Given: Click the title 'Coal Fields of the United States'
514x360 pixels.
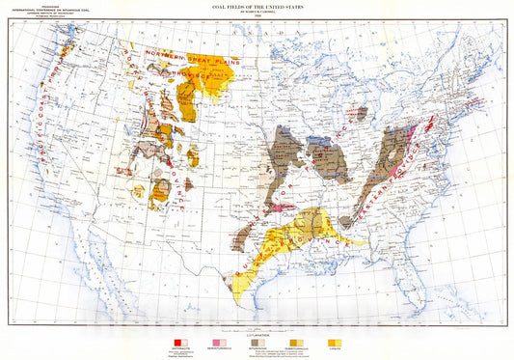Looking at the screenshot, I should (257, 8).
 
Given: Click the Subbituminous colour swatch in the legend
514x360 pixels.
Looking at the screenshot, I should (295, 342).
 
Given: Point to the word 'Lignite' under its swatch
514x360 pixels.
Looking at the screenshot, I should (336, 348).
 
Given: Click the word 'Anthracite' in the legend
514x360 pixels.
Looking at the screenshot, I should (180, 348).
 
